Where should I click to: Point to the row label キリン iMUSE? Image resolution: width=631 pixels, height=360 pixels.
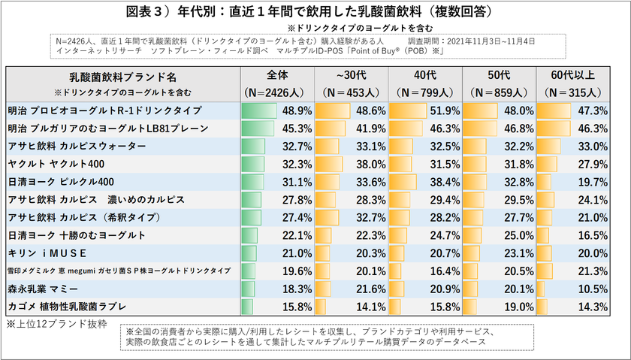48,253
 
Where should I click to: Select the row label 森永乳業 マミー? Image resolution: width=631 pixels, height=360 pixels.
45,289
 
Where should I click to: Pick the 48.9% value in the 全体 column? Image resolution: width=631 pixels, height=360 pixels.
294,110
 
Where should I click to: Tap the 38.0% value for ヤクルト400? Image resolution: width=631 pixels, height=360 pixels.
368,164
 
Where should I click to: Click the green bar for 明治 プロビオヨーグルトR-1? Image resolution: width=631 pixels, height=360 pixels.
260,110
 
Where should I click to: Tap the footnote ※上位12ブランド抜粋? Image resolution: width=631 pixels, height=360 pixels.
56,324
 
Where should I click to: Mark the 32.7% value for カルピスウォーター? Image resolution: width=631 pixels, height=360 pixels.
294,147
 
